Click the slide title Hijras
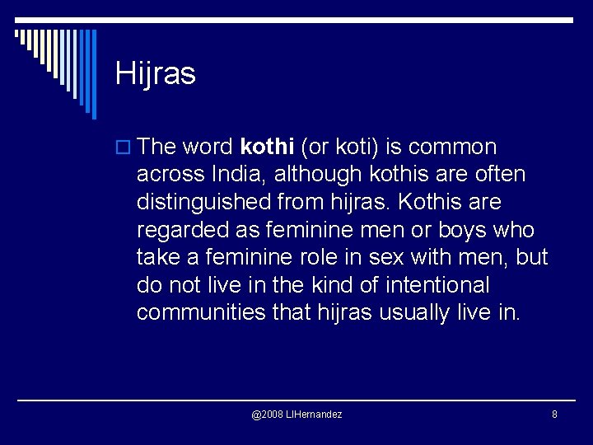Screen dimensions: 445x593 pos(156,74)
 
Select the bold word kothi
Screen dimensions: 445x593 pos(267,148)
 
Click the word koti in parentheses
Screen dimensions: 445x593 pos(359,148)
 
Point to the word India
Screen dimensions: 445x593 pos(234,175)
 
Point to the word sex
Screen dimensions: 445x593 pos(390,258)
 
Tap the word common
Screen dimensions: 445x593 pos(452,148)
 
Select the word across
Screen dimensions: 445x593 pos(170,175)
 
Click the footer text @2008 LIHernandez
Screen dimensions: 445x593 pos(296,414)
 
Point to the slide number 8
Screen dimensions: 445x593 pos(554,414)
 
